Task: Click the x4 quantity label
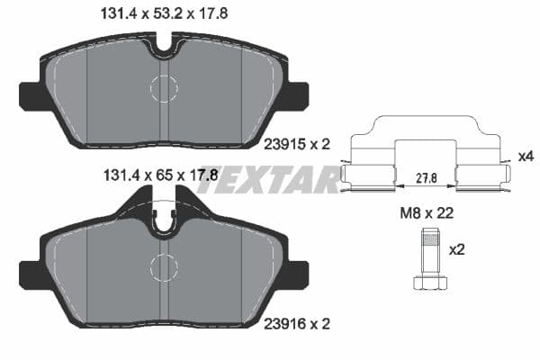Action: pyautogui.click(x=526, y=157)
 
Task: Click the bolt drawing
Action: pyautogui.click(x=428, y=258)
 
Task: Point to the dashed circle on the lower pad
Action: pyautogui.click(x=164, y=267)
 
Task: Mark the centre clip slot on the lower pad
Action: pyautogui.click(x=164, y=219)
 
